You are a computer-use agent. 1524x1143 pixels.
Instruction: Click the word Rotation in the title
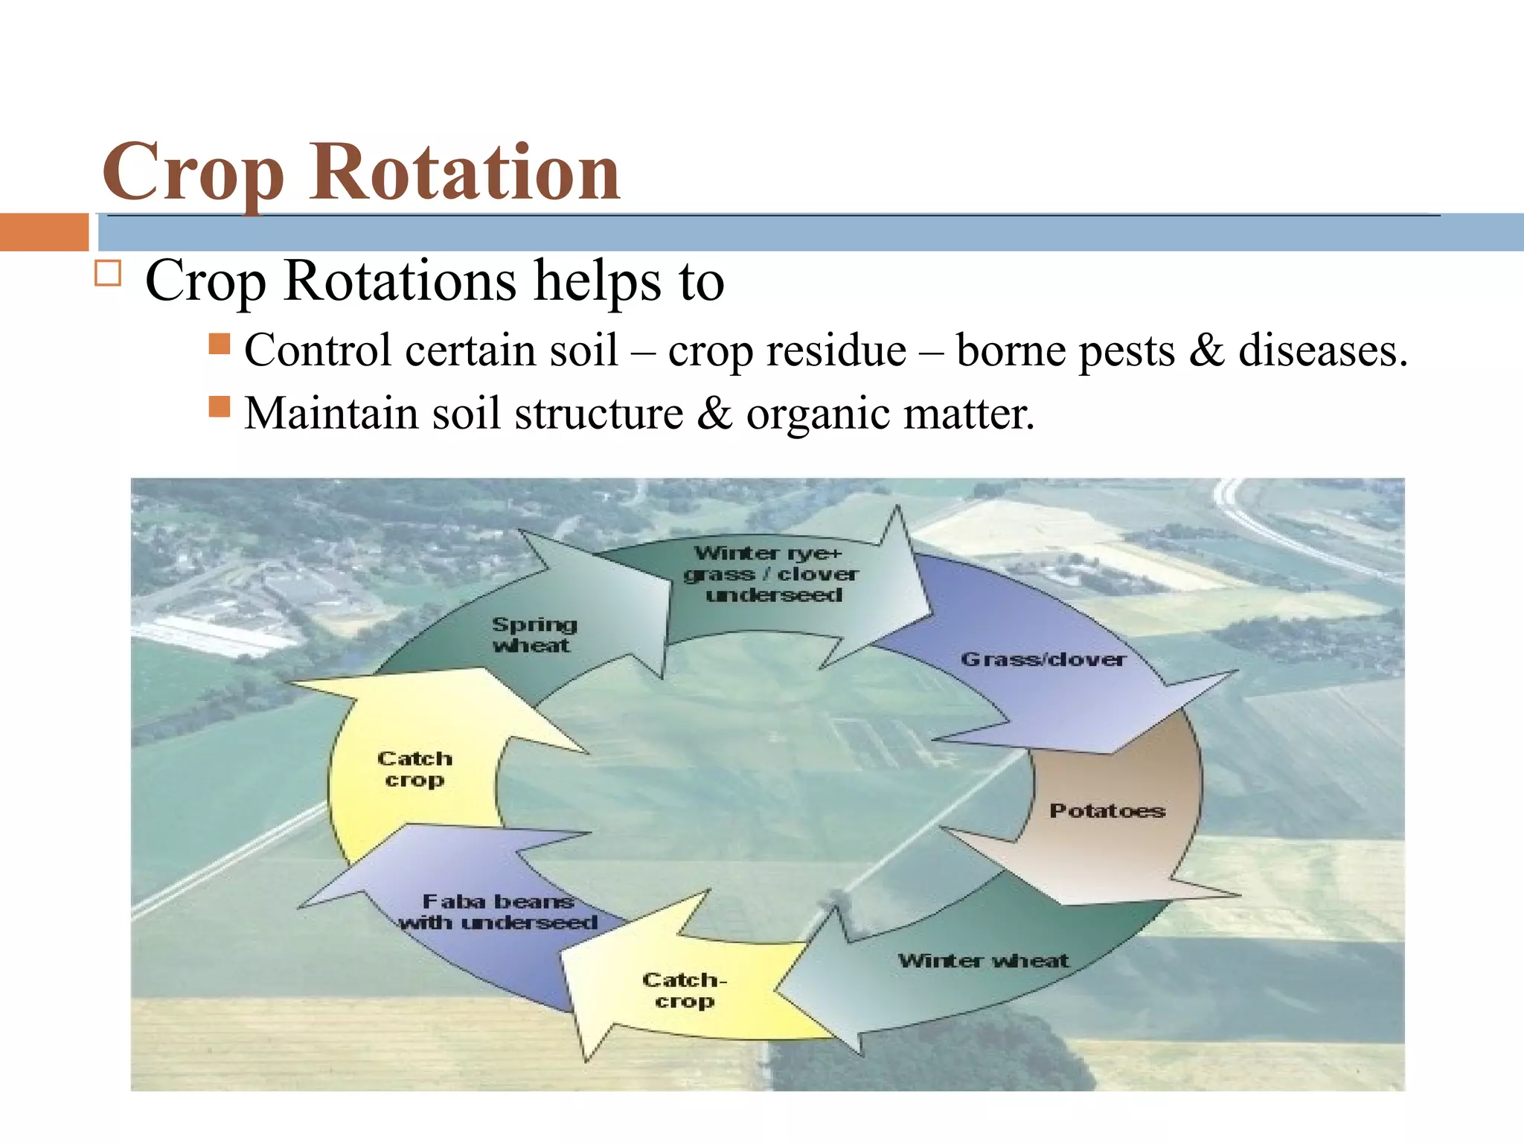(464, 173)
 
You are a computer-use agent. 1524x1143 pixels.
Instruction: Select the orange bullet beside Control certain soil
(220, 343)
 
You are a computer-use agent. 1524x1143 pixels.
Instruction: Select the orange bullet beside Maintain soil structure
(220, 406)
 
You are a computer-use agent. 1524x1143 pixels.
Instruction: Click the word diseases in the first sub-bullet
(1322, 350)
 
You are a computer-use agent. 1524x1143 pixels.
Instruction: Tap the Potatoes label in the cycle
(1107, 810)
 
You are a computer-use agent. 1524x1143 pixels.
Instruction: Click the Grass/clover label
(1043, 659)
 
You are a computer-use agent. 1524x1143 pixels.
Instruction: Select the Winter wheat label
(983, 960)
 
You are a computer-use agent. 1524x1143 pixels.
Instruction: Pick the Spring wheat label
(533, 634)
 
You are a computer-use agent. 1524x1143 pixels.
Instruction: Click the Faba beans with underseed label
(499, 912)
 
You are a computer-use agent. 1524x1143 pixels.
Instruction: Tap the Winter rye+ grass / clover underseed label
(771, 574)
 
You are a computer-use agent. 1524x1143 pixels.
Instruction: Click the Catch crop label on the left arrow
(414, 769)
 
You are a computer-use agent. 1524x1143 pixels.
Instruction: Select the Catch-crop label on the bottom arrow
(684, 990)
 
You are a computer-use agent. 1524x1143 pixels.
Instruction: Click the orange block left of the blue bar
(44, 231)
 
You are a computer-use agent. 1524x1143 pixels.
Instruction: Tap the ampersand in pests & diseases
(1206, 350)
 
